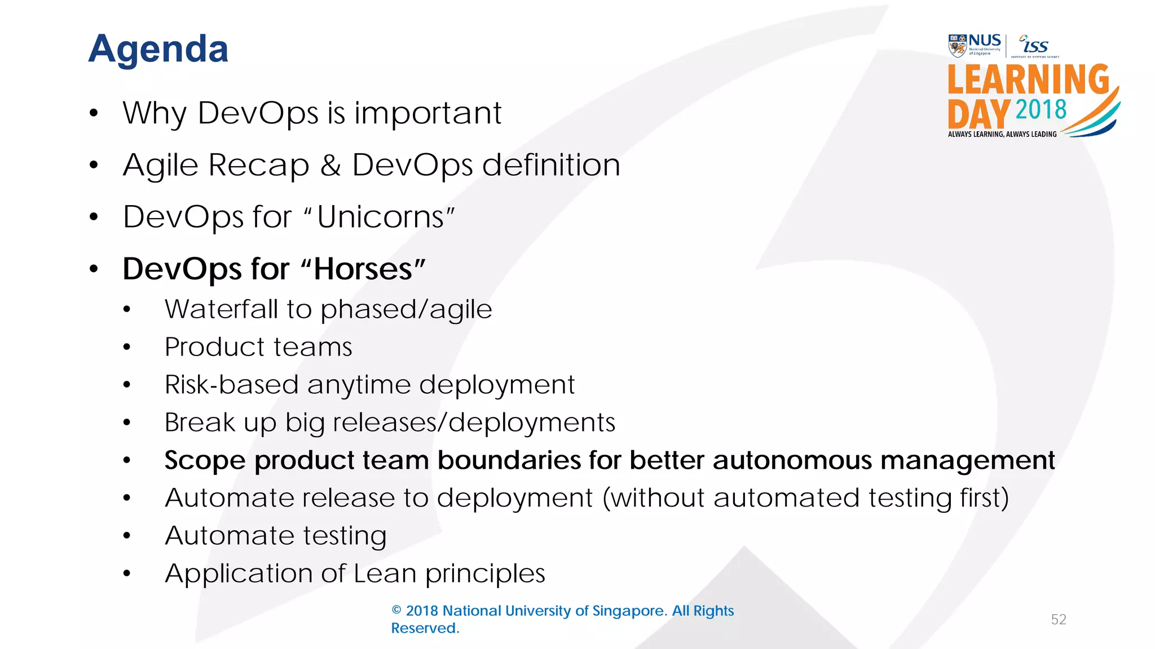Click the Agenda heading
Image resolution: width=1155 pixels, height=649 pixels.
point(158,49)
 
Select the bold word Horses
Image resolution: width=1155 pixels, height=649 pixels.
point(363,269)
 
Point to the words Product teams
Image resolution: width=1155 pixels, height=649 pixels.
point(258,346)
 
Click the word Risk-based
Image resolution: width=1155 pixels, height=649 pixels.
point(231,384)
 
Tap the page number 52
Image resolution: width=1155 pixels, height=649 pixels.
point(1059,620)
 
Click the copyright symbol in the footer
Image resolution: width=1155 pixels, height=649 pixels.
point(396,611)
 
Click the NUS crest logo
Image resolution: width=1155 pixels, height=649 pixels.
point(957,46)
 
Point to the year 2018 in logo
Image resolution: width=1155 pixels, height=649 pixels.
point(1041,109)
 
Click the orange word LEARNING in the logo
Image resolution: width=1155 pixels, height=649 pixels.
point(1028,79)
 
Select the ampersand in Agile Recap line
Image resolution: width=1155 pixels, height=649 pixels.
point(330,165)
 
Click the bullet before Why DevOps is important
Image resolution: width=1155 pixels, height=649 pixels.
point(94,113)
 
